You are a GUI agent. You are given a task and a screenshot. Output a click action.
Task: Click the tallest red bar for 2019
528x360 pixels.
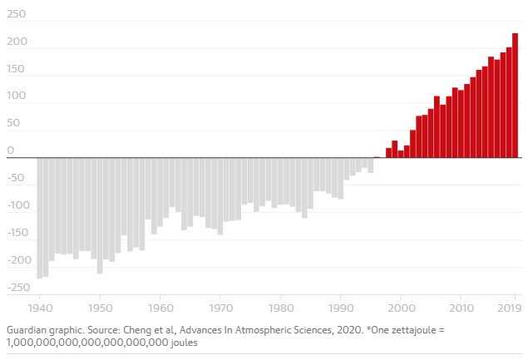coord(515,95)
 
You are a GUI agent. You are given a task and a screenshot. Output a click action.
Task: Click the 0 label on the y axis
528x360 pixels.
coord(11,150)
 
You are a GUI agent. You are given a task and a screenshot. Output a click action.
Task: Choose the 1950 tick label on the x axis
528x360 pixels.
coord(100,305)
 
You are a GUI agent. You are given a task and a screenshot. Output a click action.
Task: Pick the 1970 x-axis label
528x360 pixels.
coord(220,305)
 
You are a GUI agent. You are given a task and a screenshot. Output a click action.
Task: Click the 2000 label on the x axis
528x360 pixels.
coord(401,305)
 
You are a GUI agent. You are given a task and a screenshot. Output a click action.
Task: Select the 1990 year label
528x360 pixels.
coord(341,305)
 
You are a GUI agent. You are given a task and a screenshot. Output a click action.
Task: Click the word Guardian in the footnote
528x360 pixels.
coord(27,330)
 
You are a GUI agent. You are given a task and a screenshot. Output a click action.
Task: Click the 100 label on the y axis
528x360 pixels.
coord(16,96)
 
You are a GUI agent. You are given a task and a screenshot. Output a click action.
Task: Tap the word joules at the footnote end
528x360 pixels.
coord(187,342)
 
